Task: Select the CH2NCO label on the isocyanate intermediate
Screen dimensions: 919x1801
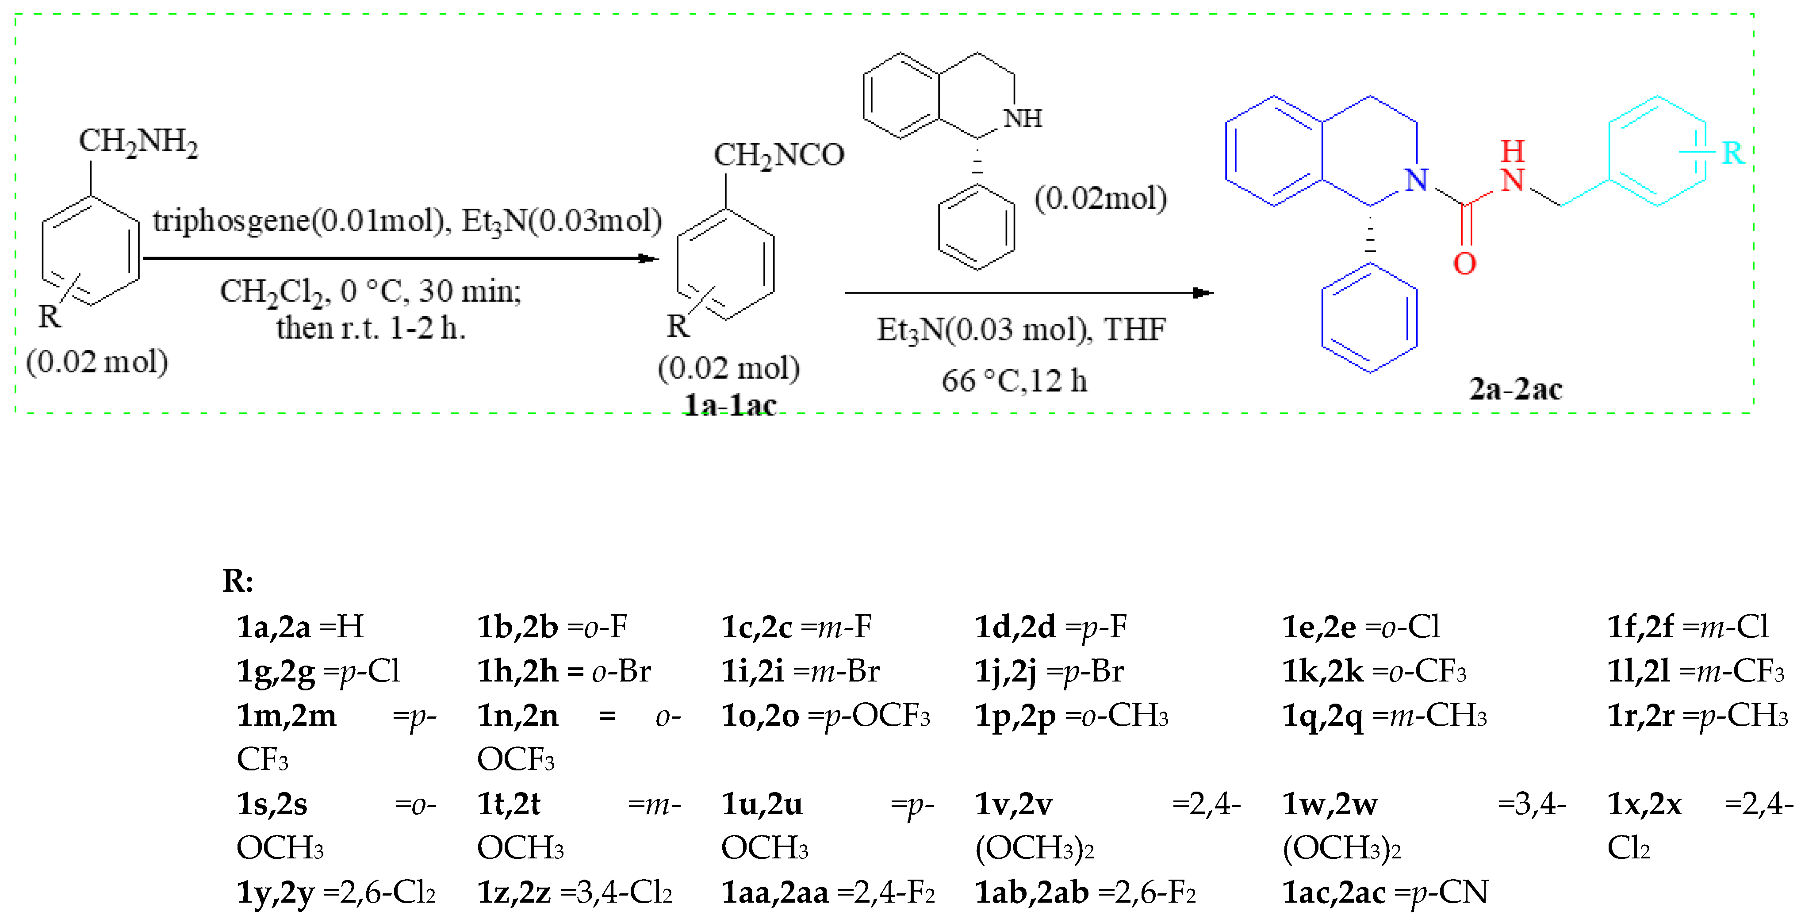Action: click(778, 156)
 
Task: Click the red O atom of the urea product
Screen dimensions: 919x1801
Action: click(1464, 264)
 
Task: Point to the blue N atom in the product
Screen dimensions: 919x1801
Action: click(1417, 180)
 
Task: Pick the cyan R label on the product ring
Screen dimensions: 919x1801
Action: click(1732, 153)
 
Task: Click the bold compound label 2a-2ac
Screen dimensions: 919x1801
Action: click(1515, 389)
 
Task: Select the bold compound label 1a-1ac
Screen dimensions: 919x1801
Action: click(729, 405)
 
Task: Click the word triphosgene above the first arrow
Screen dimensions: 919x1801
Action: click(231, 222)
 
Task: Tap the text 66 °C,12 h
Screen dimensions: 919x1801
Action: click(1014, 381)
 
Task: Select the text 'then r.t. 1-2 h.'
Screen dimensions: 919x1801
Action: click(371, 328)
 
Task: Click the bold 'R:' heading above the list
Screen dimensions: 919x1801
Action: click(238, 580)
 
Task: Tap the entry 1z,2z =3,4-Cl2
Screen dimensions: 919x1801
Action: click(574, 892)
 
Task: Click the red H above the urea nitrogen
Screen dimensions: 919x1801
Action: click(1512, 150)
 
